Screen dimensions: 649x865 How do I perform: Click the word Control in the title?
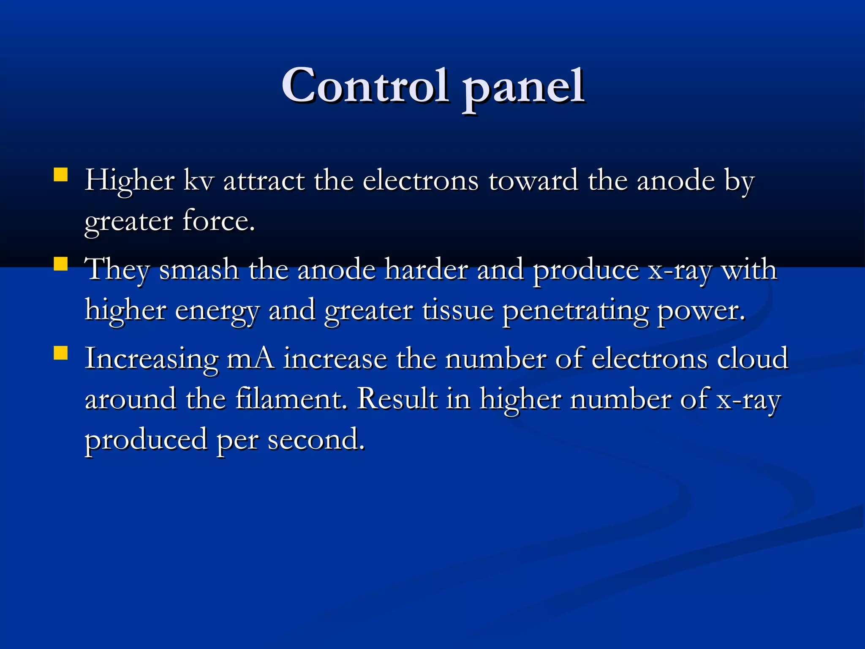(365, 85)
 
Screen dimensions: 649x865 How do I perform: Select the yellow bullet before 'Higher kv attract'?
(61, 175)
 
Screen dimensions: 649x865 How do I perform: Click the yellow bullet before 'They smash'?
(61, 264)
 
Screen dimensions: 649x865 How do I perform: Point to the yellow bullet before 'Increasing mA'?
(61, 353)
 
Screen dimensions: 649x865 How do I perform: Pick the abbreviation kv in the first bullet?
(199, 180)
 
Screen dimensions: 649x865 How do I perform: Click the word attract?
(264, 181)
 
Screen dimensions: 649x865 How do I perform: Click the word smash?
(199, 270)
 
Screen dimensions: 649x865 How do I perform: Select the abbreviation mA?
(250, 359)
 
